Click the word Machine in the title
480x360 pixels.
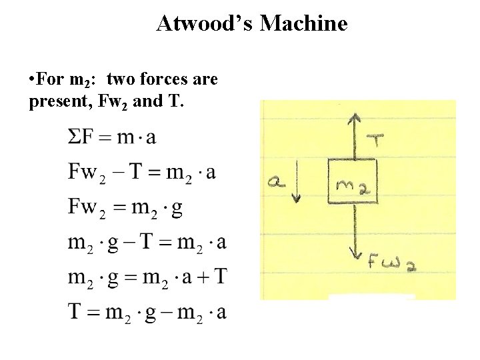point(304,24)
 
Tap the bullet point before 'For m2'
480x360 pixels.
point(33,81)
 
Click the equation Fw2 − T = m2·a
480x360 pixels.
point(142,172)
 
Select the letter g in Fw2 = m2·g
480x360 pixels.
point(177,208)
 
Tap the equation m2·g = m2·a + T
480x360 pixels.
point(147,276)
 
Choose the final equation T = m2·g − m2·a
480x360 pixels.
point(147,311)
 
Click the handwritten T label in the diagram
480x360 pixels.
point(377,141)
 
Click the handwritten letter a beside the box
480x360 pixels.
point(275,180)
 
